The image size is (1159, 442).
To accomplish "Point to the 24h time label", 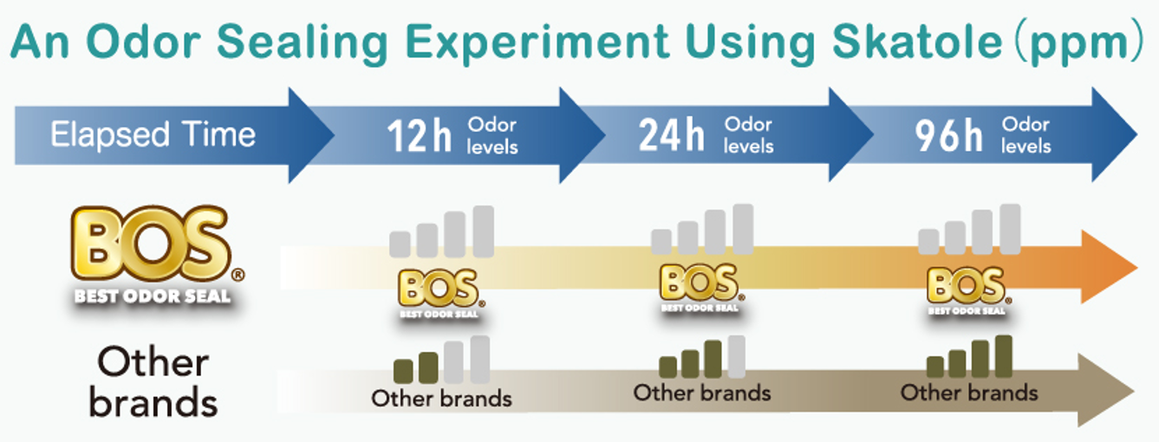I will coord(671,136).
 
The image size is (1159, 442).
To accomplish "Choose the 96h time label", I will coord(949,136).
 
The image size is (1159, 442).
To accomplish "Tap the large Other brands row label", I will coord(153,381).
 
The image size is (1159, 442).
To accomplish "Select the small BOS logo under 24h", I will coord(699,287).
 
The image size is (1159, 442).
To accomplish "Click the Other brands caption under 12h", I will coord(441,399).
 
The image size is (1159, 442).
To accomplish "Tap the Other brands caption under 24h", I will coord(701,393).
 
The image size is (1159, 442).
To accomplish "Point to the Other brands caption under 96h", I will coord(968,393).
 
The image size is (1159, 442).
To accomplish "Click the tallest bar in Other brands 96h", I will coord(1003,355).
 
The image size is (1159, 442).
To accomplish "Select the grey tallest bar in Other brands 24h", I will coord(736,356).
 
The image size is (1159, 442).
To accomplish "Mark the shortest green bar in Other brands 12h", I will coord(403,370).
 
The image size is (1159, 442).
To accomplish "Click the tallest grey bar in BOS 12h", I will coord(483,231).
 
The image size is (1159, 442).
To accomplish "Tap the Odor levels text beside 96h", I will coord(1026,136).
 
